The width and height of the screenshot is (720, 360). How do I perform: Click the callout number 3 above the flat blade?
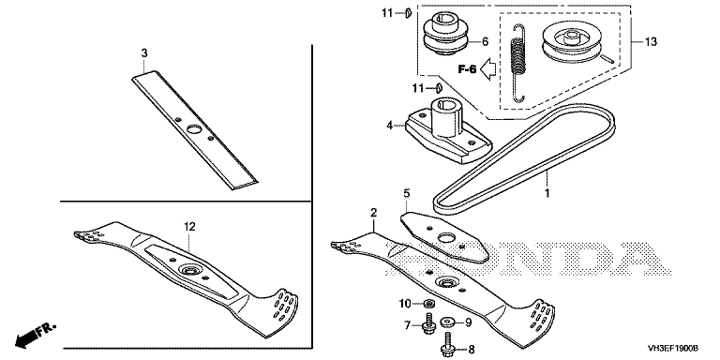[x=144, y=53]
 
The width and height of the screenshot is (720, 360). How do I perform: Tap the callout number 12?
[x=189, y=226]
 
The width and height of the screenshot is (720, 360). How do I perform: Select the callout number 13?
[x=651, y=42]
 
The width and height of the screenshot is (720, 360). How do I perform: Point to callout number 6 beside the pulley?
[x=485, y=42]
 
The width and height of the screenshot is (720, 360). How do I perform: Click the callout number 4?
[x=390, y=125]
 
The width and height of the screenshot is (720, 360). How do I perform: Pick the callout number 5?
[x=406, y=193]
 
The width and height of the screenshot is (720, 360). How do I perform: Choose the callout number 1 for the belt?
[x=547, y=193]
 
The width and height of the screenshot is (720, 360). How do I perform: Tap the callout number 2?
[x=374, y=212]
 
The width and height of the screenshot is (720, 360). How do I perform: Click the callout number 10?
[x=405, y=303]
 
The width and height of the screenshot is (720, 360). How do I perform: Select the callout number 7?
[x=407, y=325]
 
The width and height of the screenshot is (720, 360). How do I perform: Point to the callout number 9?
[x=469, y=322]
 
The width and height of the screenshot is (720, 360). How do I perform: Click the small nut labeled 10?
[x=430, y=303]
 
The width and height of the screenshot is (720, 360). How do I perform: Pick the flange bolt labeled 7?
[x=428, y=322]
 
